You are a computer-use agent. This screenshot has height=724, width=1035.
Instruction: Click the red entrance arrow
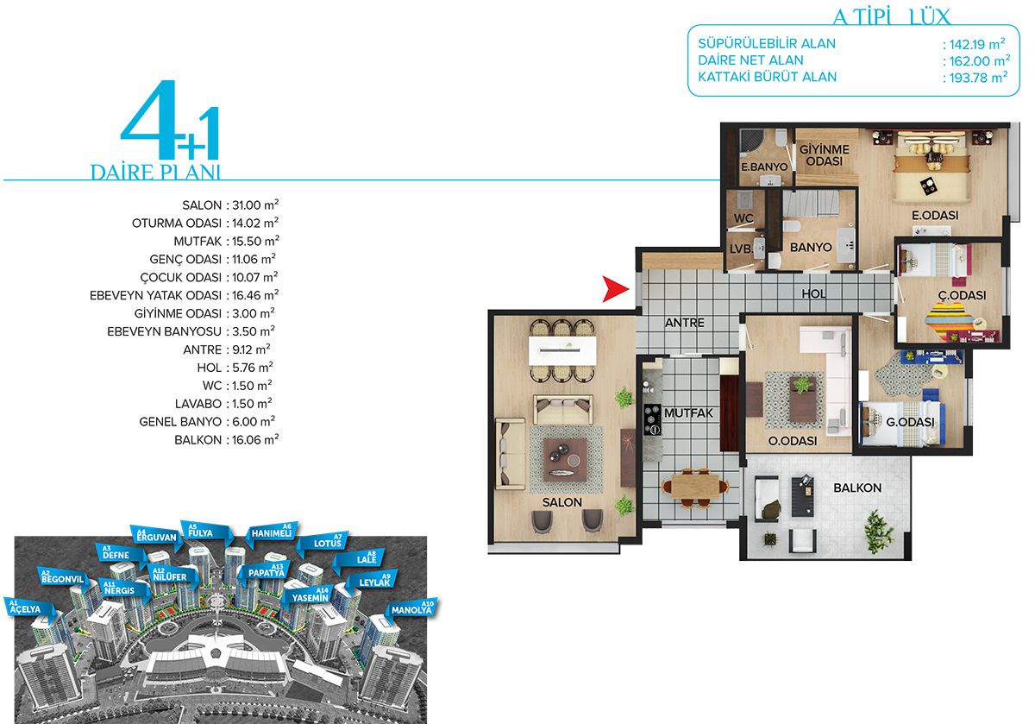click(616, 289)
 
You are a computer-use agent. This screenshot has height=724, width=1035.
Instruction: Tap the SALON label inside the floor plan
click(561, 502)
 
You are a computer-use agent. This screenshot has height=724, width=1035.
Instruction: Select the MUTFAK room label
click(688, 412)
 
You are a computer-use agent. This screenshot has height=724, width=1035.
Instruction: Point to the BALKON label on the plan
click(857, 488)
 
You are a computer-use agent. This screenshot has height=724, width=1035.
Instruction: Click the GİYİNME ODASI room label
click(825, 155)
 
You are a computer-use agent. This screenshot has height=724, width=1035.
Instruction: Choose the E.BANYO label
click(764, 167)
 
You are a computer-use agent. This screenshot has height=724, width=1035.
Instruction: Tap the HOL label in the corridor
click(813, 293)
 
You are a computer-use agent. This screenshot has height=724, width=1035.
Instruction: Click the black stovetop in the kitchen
click(652, 419)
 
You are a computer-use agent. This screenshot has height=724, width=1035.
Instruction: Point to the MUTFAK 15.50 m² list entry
click(226, 242)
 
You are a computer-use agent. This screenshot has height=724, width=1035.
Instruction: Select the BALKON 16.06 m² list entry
click(226, 440)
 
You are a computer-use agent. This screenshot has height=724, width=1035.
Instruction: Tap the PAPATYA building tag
click(266, 571)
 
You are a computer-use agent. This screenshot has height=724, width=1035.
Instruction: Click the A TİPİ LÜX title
click(891, 16)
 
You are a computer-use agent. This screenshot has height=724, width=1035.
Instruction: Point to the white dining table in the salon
click(562, 350)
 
